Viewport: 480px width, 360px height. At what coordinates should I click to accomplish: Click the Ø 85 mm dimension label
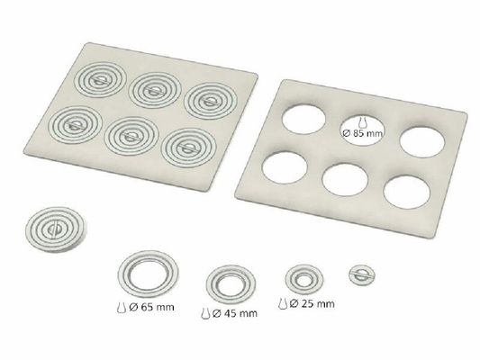tap(363, 134)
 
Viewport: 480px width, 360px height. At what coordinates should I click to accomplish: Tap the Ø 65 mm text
tap(152, 307)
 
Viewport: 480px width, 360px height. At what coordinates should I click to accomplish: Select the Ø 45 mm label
tap(235, 313)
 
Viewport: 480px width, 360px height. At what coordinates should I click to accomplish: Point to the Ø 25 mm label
tap(312, 303)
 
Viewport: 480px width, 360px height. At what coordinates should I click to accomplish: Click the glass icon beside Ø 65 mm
tap(122, 307)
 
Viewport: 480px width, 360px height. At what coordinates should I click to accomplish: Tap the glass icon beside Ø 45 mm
tap(205, 313)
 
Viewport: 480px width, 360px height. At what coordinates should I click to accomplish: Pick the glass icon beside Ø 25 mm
tap(283, 303)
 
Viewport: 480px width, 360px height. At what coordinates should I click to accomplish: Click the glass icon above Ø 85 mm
tap(362, 122)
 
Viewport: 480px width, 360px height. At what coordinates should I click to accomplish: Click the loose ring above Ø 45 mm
tap(210, 283)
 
